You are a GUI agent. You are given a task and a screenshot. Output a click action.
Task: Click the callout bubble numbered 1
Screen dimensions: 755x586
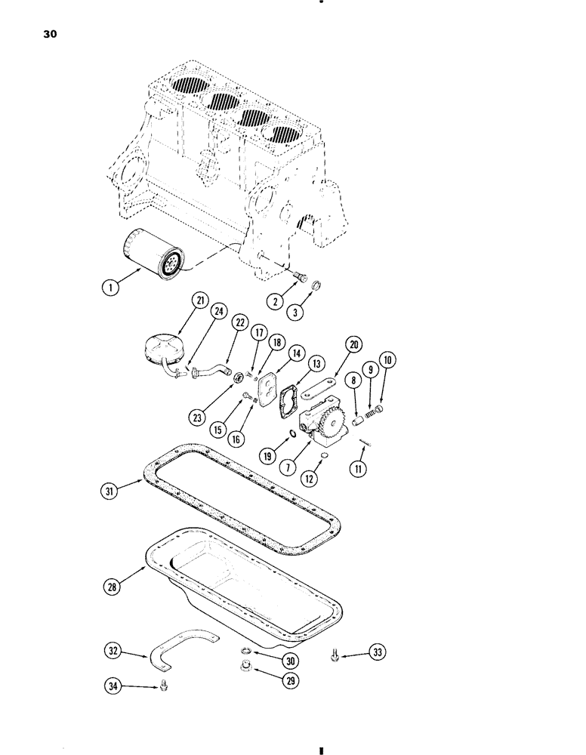coord(111,286)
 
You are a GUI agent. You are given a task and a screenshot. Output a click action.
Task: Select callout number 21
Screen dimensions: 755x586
coord(180,301)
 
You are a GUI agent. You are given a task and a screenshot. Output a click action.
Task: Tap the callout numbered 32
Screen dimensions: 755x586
coord(113,650)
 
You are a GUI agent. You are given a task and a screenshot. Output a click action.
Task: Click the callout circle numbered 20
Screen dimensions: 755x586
coord(353,344)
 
